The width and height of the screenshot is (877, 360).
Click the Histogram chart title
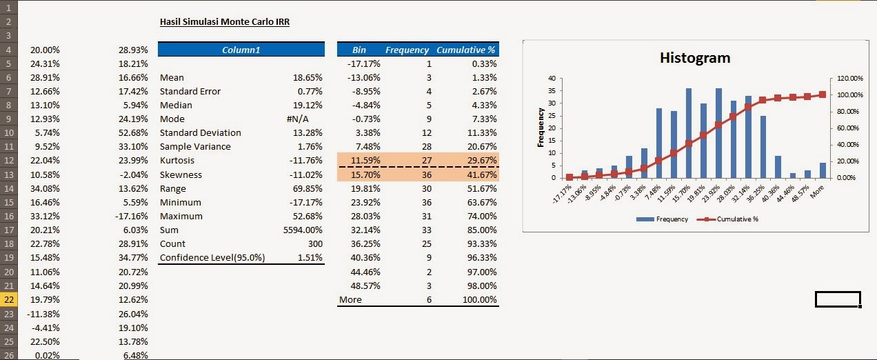(x=694, y=58)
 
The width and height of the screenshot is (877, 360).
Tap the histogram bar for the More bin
(x=823, y=170)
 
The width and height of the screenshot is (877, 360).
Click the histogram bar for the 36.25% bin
(x=763, y=147)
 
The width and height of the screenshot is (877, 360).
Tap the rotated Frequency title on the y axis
(x=541, y=128)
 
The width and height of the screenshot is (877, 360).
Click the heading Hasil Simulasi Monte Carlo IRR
(x=224, y=22)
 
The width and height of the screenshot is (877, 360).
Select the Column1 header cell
(x=241, y=50)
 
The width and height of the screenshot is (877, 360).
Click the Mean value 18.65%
(x=308, y=78)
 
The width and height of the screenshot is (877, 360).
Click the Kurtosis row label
(x=178, y=161)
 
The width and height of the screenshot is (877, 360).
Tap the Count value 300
(x=314, y=244)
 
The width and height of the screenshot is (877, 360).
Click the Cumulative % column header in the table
(x=465, y=50)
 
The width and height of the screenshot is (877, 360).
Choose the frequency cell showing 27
(x=425, y=161)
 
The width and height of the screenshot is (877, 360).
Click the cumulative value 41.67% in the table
(x=480, y=175)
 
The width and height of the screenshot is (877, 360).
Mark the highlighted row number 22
(x=9, y=299)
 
